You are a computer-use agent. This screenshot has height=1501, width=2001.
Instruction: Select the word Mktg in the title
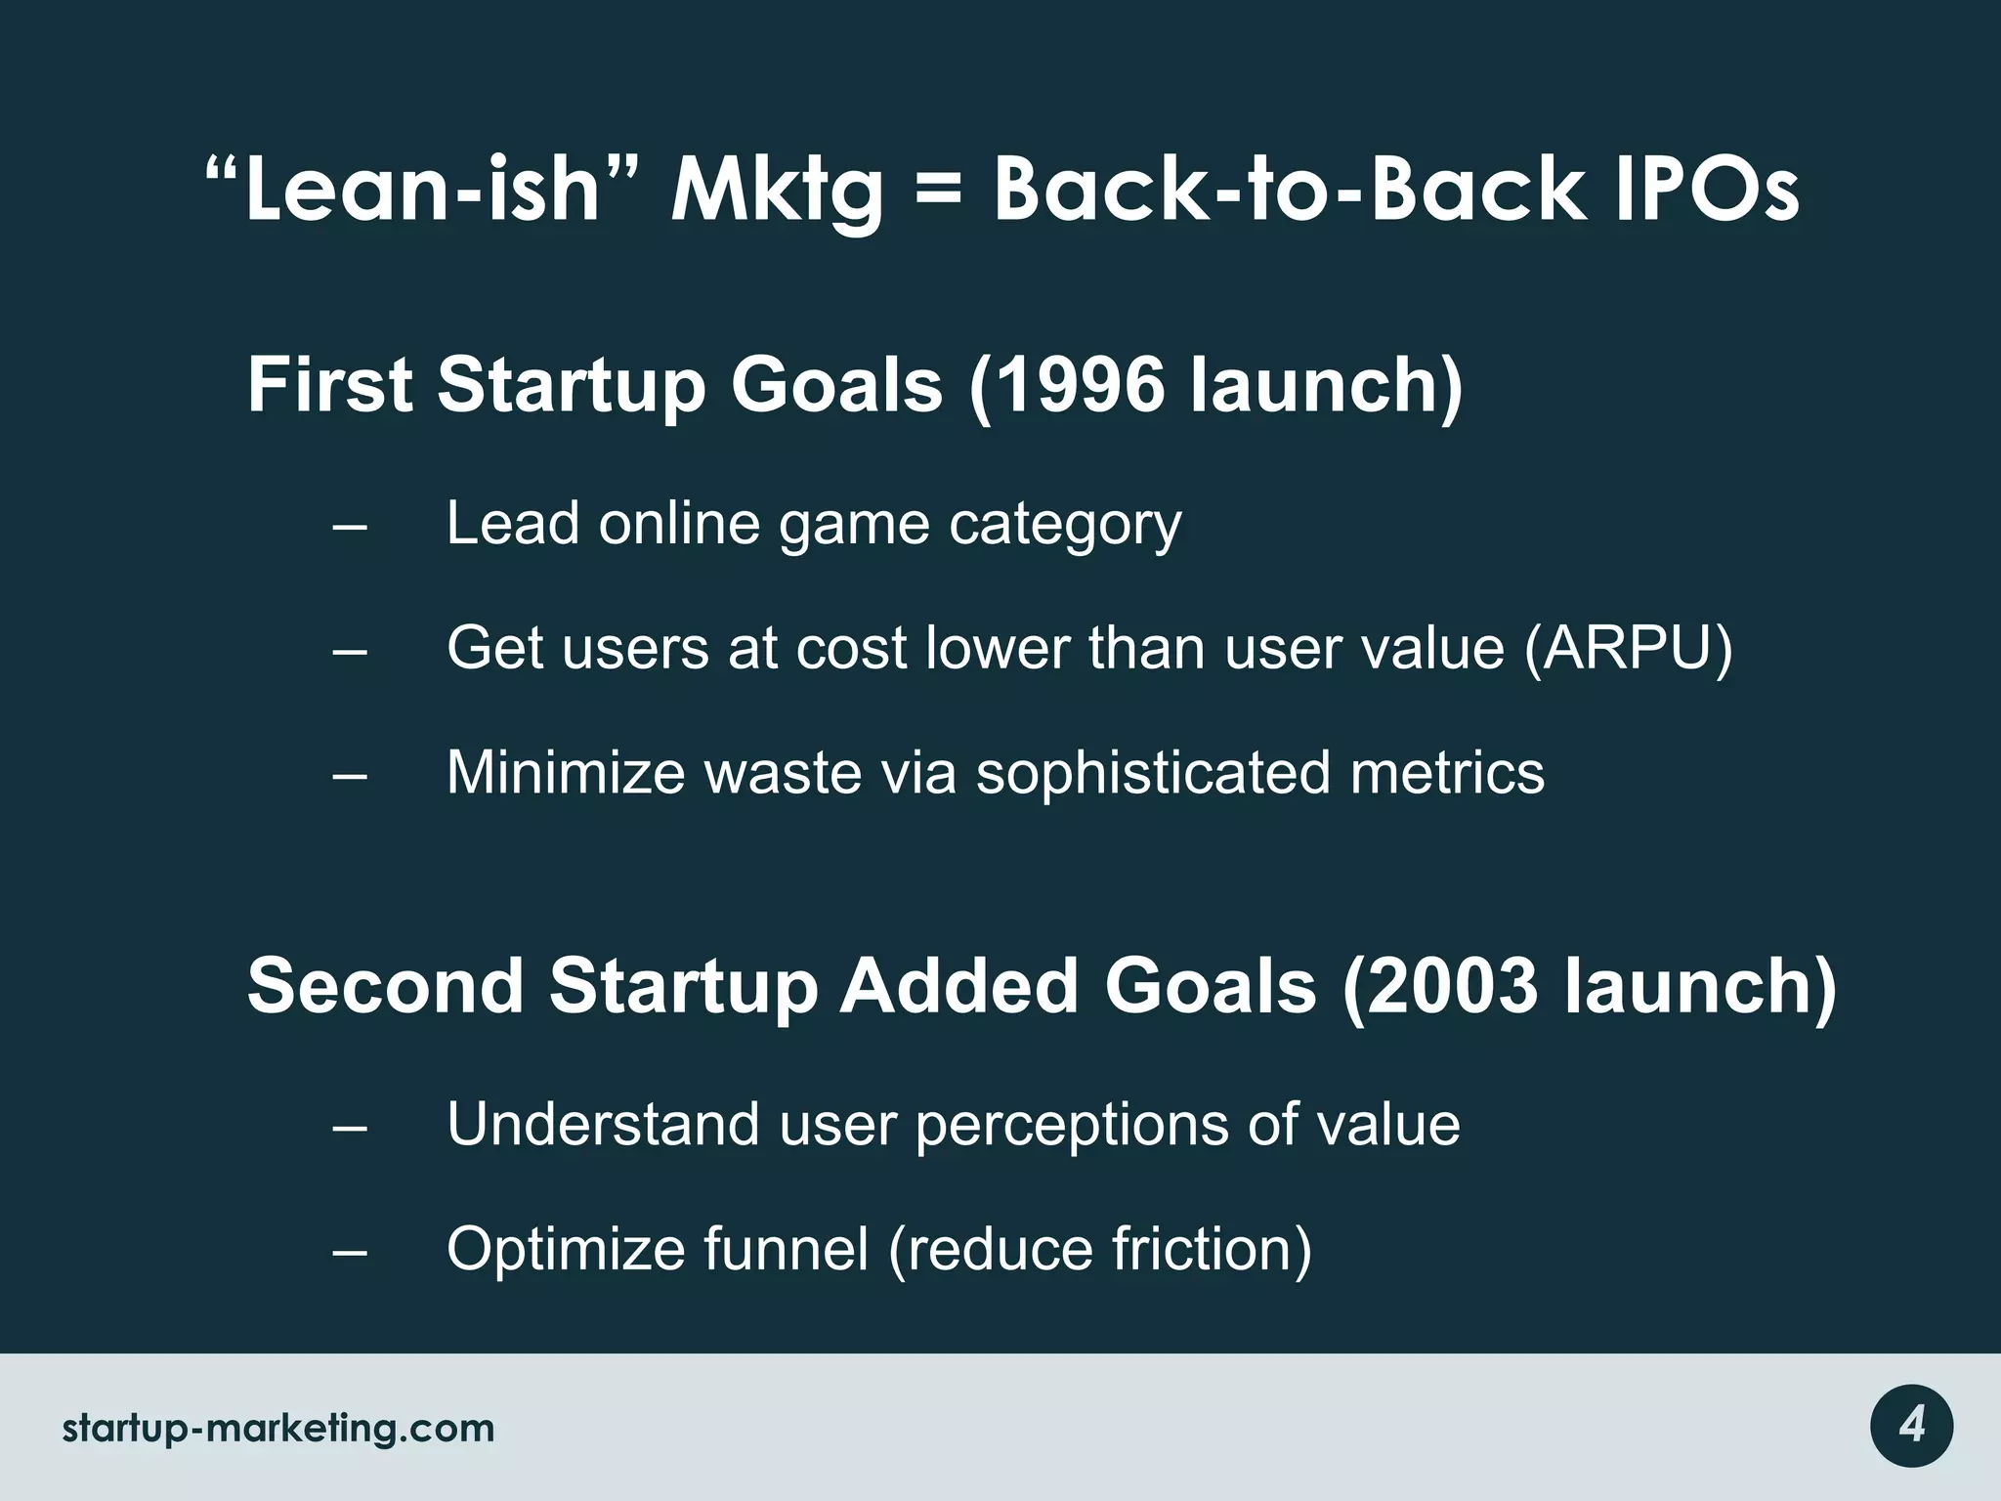tap(776, 192)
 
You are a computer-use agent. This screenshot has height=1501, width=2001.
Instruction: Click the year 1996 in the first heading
tap(1081, 385)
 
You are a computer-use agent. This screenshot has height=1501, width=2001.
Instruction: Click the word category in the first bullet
tap(1065, 525)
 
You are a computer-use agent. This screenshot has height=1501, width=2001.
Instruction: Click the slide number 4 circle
tap(1911, 1427)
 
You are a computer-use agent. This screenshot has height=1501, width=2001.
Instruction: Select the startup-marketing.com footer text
tap(278, 1428)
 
